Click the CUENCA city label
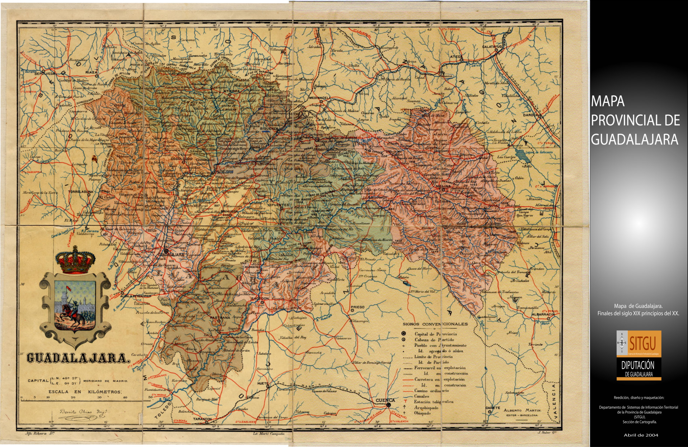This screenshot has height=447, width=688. pos(385,400)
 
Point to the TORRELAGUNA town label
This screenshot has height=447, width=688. pos(81,191)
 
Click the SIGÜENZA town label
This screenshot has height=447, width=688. pos(269,128)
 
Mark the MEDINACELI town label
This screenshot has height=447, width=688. pos(319,98)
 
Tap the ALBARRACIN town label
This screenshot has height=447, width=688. pos(542,314)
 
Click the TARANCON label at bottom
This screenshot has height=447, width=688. pos(203,419)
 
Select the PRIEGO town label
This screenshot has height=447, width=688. pos(357,307)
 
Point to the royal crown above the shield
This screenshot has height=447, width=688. pos(75,259)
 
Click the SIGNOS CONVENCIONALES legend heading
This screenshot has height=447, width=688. pos(435,324)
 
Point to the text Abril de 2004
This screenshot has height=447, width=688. pos(641,435)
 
